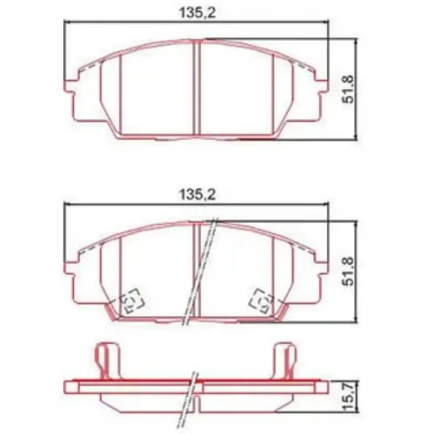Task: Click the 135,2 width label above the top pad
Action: (197, 13)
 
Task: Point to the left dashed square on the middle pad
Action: (132, 301)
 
